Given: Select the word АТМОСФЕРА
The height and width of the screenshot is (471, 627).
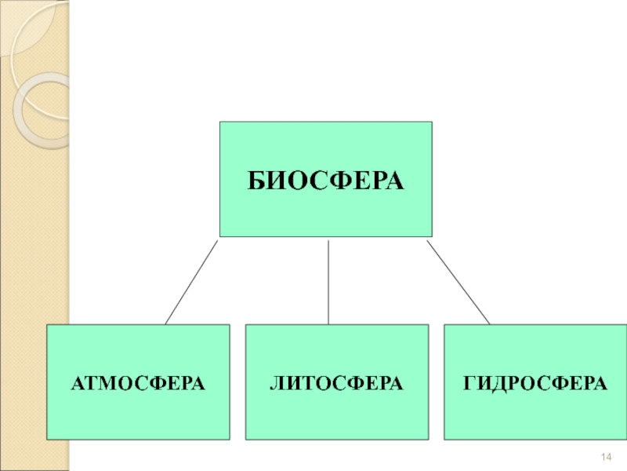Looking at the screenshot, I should pos(138,383).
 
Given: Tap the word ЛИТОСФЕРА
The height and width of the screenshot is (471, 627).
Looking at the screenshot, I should pos(337,383).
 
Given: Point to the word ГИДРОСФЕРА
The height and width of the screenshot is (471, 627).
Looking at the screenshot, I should pos(535,383).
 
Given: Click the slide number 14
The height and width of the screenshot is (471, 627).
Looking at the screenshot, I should pos(605,458).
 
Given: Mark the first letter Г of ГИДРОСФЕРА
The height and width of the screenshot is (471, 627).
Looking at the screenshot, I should pos(469,383).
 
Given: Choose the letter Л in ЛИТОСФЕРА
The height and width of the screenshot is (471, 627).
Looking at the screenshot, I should pos(277,383).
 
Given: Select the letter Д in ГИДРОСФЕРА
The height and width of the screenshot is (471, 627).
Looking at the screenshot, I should pos(498,383).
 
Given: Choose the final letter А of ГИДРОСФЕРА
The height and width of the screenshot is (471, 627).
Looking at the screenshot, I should pos(600,383).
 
